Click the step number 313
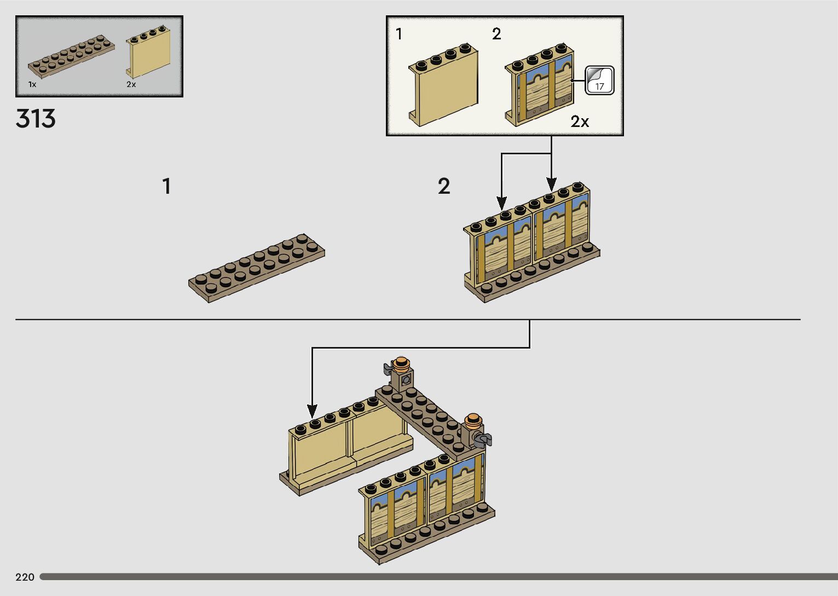pos(36,119)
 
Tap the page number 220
pos(25,577)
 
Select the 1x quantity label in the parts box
pos(32,84)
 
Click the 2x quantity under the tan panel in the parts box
pos(131,84)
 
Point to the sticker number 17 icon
pos(599,80)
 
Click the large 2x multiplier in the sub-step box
pos(580,121)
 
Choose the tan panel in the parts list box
pos(148,55)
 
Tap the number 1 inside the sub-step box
pos(399,34)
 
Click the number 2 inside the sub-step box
pos(496,34)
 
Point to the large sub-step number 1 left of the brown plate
pos(167,187)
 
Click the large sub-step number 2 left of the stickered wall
pos(444,187)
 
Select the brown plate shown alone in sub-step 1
pos(257,268)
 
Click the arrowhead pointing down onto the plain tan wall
pos(312,411)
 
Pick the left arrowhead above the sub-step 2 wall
pos(502,202)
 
